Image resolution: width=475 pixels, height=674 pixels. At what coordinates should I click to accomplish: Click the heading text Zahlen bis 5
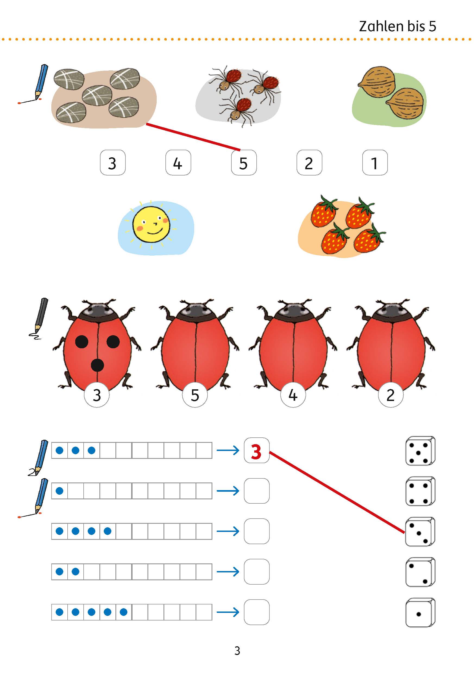[398, 26]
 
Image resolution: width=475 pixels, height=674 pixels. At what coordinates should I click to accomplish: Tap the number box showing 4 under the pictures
[178, 163]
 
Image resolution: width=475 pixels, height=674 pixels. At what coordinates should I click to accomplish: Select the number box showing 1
[375, 163]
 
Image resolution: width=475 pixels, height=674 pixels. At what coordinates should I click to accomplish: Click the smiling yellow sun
[151, 225]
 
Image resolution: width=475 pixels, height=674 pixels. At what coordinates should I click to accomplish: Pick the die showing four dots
[420, 491]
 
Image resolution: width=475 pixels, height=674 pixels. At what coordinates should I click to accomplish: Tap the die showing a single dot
[420, 613]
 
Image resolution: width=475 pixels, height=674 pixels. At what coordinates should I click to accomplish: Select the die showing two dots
[420, 572]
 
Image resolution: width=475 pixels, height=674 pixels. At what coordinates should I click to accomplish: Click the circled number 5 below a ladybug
[195, 395]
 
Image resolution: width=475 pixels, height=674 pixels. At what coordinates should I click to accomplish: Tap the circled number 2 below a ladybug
[391, 395]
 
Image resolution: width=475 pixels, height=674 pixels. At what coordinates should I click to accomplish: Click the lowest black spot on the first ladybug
[97, 365]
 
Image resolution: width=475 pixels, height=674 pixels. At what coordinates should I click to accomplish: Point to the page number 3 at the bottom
[237, 651]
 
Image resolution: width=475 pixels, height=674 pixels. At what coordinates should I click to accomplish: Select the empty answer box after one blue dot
[257, 491]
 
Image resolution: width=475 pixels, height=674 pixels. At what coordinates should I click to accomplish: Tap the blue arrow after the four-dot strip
[228, 531]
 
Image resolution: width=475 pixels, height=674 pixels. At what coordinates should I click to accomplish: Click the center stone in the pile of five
[97, 95]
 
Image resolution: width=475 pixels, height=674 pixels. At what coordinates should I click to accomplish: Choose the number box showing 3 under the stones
[113, 163]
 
